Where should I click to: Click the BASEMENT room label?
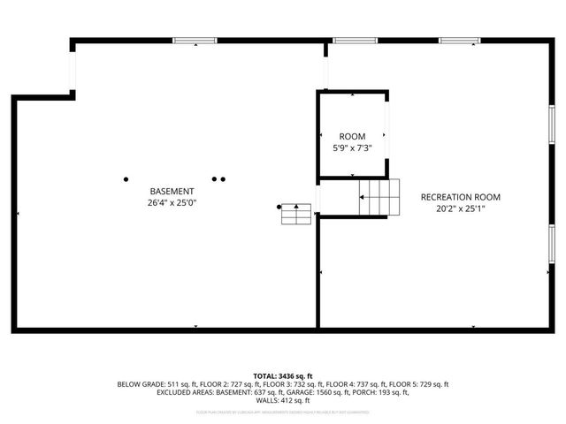click(172, 191)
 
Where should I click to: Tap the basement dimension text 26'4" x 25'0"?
click(172, 202)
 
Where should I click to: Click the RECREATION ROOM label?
click(460, 197)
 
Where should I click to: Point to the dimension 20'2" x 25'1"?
click(460, 208)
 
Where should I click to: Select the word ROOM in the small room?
click(351, 136)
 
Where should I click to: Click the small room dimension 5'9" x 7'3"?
click(351, 148)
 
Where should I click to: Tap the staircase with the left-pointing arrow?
click(379, 197)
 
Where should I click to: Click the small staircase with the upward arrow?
click(297, 214)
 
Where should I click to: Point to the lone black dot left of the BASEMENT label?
click(126, 178)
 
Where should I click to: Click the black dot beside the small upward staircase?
click(279, 208)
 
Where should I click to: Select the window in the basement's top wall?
click(195, 40)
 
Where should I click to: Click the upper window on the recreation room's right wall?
click(551, 123)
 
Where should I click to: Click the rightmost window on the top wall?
click(460, 40)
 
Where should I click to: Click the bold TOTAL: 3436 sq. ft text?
click(283, 375)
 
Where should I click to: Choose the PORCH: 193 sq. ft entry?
click(402, 393)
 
